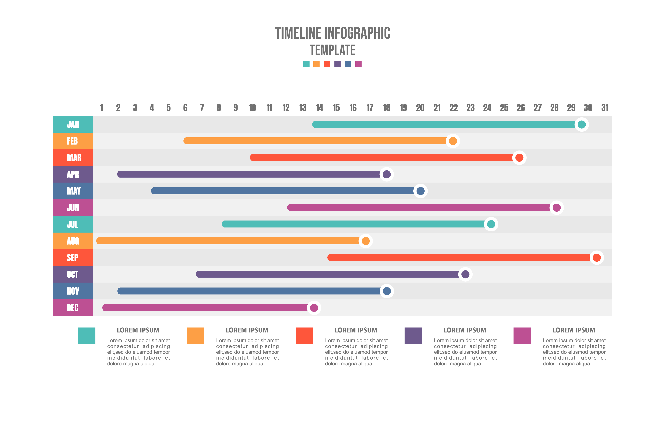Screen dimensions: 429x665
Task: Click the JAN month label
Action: point(73,124)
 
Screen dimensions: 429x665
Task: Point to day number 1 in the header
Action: point(101,108)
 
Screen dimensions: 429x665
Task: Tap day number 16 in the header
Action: point(353,108)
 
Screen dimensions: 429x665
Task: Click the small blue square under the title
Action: point(348,64)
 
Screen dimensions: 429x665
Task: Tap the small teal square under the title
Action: point(306,64)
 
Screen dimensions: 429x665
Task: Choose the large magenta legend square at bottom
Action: point(522,336)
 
